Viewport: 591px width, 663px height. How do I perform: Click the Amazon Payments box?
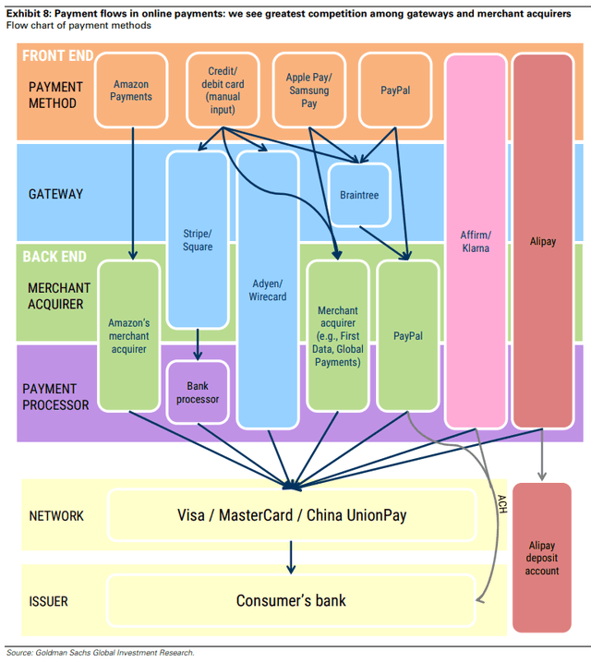pyautogui.click(x=131, y=90)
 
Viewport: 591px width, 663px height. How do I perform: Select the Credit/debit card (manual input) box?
pyautogui.click(x=223, y=90)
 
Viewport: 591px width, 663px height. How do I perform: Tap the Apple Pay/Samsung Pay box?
pyautogui.click(x=309, y=90)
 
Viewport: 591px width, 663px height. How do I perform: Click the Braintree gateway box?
pyautogui.click(x=359, y=195)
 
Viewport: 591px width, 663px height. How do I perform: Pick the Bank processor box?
pyautogui.click(x=198, y=392)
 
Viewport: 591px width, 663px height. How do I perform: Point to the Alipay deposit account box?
pyautogui.click(x=542, y=558)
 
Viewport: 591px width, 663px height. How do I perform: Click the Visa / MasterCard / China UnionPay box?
pyautogui.click(x=292, y=515)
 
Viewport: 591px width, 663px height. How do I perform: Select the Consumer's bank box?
pyautogui.click(x=292, y=600)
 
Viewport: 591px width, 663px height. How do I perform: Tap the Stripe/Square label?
pyautogui.click(x=198, y=240)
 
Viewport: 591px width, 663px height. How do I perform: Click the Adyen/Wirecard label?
pyautogui.click(x=268, y=290)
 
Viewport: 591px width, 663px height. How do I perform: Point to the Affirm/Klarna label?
pyautogui.click(x=476, y=241)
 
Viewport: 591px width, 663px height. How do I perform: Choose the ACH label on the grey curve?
pyautogui.click(x=501, y=504)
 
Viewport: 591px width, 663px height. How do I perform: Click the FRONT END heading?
pyautogui.click(x=58, y=55)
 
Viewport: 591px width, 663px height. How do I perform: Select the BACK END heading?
pyautogui.click(x=54, y=257)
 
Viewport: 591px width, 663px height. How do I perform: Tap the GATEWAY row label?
pyautogui.click(x=55, y=194)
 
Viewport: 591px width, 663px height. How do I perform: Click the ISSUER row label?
pyautogui.click(x=48, y=601)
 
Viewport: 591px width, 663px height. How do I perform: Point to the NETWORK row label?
pyautogui.click(x=56, y=516)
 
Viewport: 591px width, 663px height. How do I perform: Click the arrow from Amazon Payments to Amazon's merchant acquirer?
pyautogui.click(x=133, y=194)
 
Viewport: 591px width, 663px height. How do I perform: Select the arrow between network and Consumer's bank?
pyautogui.click(x=291, y=558)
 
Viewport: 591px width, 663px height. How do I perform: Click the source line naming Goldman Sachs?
pyautogui.click(x=100, y=653)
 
